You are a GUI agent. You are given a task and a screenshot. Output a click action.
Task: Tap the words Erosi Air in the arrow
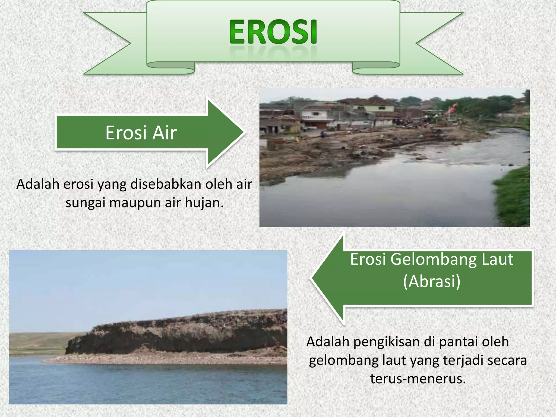[x=141, y=133]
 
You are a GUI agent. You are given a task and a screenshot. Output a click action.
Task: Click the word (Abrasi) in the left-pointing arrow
[x=432, y=281]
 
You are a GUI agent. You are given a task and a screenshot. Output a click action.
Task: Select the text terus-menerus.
[x=418, y=378]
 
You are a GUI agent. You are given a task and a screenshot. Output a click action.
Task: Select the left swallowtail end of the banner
[x=109, y=43]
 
